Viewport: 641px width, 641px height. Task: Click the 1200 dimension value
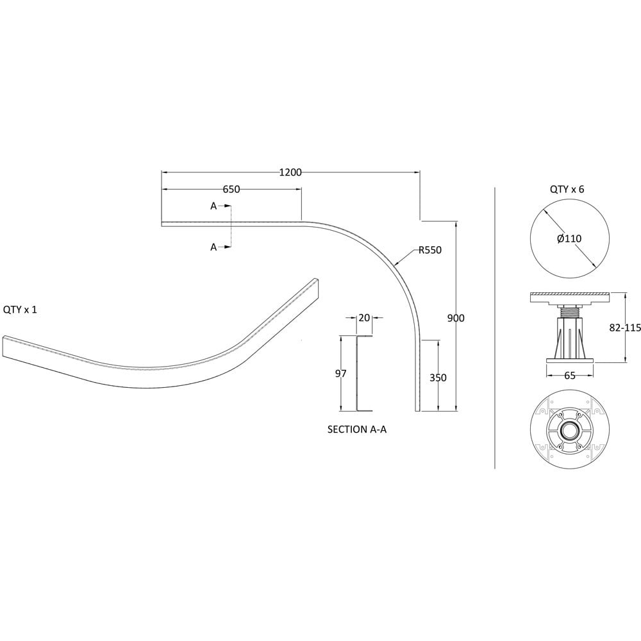tap(290, 172)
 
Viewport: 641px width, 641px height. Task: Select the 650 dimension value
tap(231, 189)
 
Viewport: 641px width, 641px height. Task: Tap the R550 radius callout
tap(430, 250)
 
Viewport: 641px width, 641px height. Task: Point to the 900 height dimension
tap(456, 318)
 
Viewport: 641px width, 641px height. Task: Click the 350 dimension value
tap(438, 378)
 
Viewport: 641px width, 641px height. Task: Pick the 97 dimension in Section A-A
tap(341, 373)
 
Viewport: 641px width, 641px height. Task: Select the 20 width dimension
tap(364, 318)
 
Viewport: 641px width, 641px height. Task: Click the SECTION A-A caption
tap(357, 429)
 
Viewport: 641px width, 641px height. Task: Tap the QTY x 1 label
tap(20, 310)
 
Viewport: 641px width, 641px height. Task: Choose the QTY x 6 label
tap(567, 189)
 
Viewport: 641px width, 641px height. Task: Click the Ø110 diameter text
tap(569, 238)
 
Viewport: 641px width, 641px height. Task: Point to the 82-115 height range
tap(624, 328)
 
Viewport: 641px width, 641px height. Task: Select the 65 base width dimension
tap(570, 375)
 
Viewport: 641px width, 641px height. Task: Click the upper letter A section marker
tap(213, 206)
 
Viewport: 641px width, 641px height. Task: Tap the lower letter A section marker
tap(213, 247)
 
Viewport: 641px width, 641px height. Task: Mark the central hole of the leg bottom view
tap(569, 431)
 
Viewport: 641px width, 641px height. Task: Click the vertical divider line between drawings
tap(495, 328)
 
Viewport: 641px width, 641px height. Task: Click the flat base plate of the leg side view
tap(570, 360)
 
